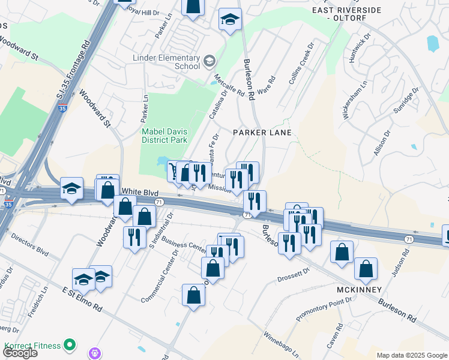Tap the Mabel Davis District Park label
click(x=164, y=136)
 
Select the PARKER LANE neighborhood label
click(x=262, y=133)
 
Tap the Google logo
click(x=19, y=353)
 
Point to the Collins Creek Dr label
click(x=301, y=63)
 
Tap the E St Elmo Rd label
click(x=82, y=298)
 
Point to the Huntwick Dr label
click(x=359, y=51)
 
